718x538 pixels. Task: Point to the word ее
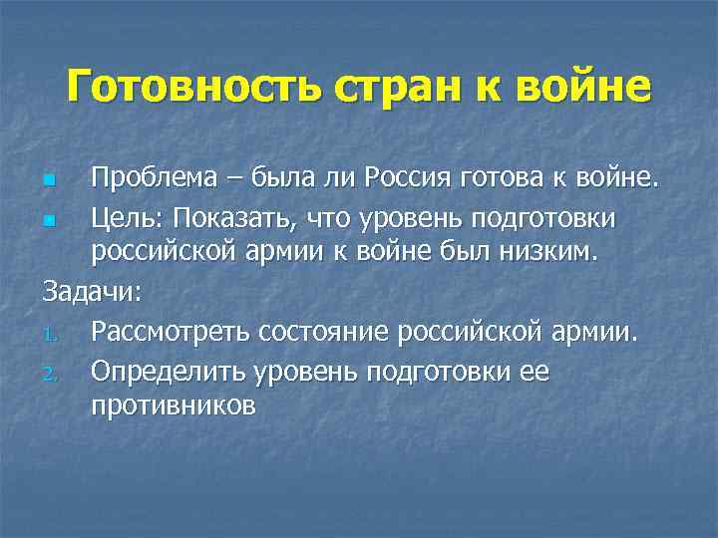[x=534, y=371]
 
